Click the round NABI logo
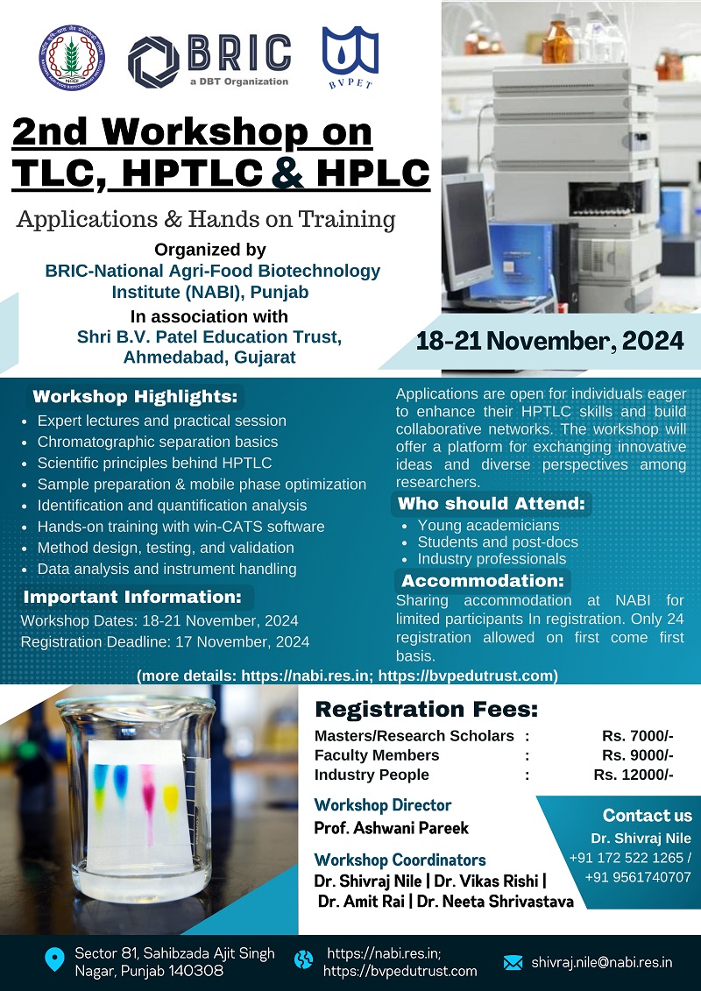72,58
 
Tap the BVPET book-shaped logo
350,57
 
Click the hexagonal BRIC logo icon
153,61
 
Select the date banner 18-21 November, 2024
549,342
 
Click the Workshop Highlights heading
135,397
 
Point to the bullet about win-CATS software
181,527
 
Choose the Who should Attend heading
492,504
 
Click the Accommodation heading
482,580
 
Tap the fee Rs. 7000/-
637,736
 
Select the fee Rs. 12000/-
634,775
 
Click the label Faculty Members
377,755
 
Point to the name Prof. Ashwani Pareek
392,828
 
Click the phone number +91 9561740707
638,877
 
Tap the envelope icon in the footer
513,963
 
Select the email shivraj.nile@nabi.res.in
602,963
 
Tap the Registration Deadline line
165,642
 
